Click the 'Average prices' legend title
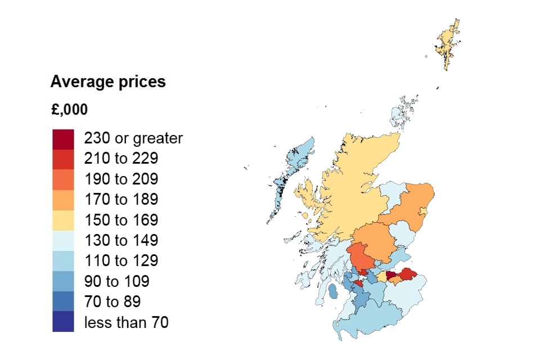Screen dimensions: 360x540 (108, 82)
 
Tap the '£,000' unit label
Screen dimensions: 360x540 (69, 110)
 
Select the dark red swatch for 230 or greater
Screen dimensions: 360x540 (63, 139)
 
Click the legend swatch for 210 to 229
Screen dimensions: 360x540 (63, 159)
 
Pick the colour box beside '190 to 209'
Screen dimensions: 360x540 (63, 179)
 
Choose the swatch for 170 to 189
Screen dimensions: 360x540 (63, 200)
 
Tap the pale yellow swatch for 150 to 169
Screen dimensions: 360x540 (63, 220)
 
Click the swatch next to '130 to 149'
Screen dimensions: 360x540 (63, 241)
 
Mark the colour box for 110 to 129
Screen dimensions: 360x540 (63, 261)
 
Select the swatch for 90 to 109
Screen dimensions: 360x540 (63, 281)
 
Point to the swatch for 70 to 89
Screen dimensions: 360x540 (63, 301)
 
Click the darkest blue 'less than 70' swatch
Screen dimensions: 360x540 (63, 322)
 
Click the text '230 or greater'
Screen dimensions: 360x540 (133, 138)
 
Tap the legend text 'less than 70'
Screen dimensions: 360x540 (126, 322)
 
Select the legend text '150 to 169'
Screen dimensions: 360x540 (121, 220)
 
